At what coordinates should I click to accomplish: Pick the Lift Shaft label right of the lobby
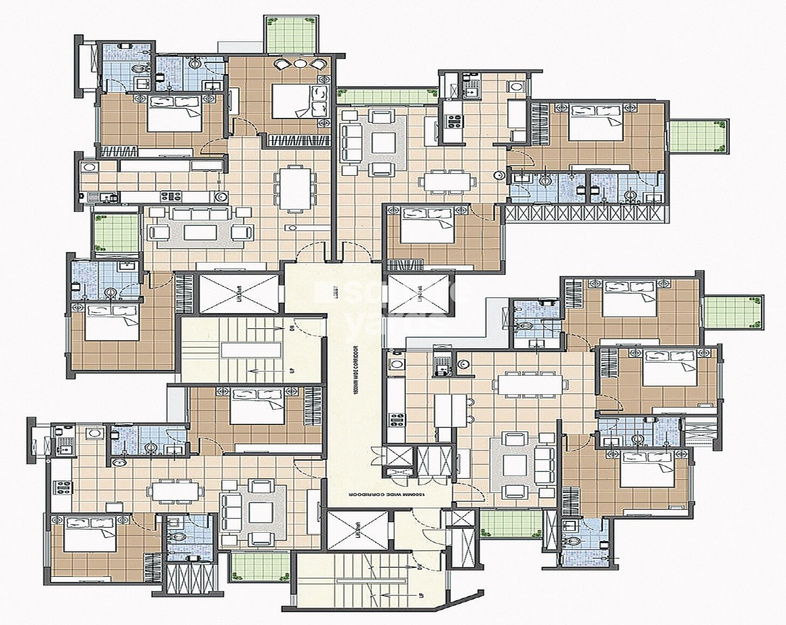point(419,293)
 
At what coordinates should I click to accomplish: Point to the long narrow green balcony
point(387,95)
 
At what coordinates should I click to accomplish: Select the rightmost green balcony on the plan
point(734,312)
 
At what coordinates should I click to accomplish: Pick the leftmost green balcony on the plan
point(115,232)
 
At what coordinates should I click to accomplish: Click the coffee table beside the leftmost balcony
point(199,232)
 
